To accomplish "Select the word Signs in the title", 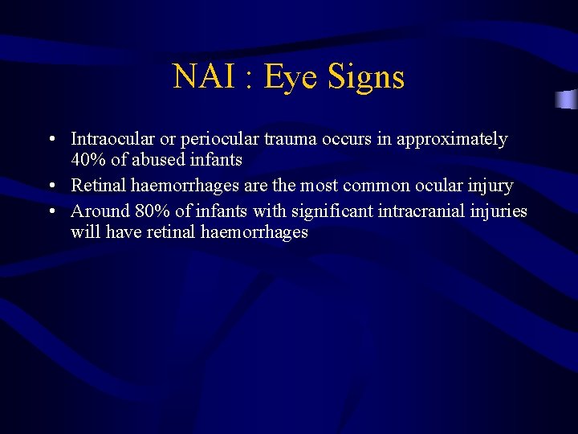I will click(x=367, y=77).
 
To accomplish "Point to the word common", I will click(x=377, y=186).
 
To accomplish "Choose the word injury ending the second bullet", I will click(x=490, y=186).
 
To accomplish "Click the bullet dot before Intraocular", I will click(x=51, y=140).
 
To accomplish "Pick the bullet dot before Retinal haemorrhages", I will click(x=51, y=186).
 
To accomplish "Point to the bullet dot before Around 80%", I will click(x=51, y=212).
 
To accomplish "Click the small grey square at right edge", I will click(x=568, y=100).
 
